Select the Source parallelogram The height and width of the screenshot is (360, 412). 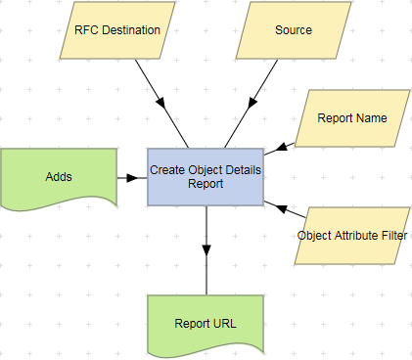(x=294, y=29)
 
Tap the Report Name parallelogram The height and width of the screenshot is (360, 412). (x=352, y=118)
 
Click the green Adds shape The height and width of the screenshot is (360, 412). (x=59, y=177)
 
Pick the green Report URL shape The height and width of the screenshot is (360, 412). (x=206, y=324)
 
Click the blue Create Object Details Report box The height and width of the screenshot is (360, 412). (x=206, y=176)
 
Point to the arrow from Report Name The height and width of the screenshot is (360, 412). (x=280, y=147)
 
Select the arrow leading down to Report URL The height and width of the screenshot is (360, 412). (x=206, y=240)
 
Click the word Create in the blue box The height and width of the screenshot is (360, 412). (x=167, y=169)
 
